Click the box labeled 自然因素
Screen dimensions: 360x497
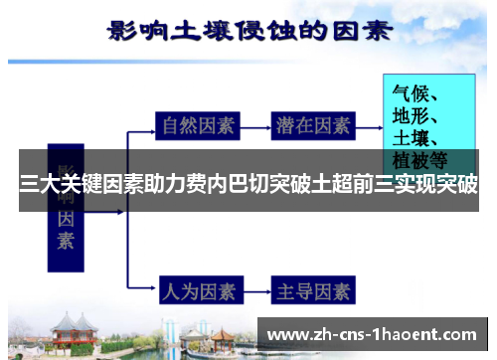199,126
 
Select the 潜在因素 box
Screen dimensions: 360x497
313,126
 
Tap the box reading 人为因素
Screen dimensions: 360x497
199,291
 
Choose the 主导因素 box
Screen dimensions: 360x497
313,291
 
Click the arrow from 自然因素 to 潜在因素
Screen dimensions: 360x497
255,126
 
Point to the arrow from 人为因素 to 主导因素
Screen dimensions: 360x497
255,291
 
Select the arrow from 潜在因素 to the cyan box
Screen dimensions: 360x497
369,126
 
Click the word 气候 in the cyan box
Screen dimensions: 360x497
409,88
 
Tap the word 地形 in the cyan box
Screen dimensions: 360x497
409,112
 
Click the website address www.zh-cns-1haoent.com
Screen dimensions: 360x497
373,334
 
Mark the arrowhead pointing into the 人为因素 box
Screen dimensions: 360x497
149,291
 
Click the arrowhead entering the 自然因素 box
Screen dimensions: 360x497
149,126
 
